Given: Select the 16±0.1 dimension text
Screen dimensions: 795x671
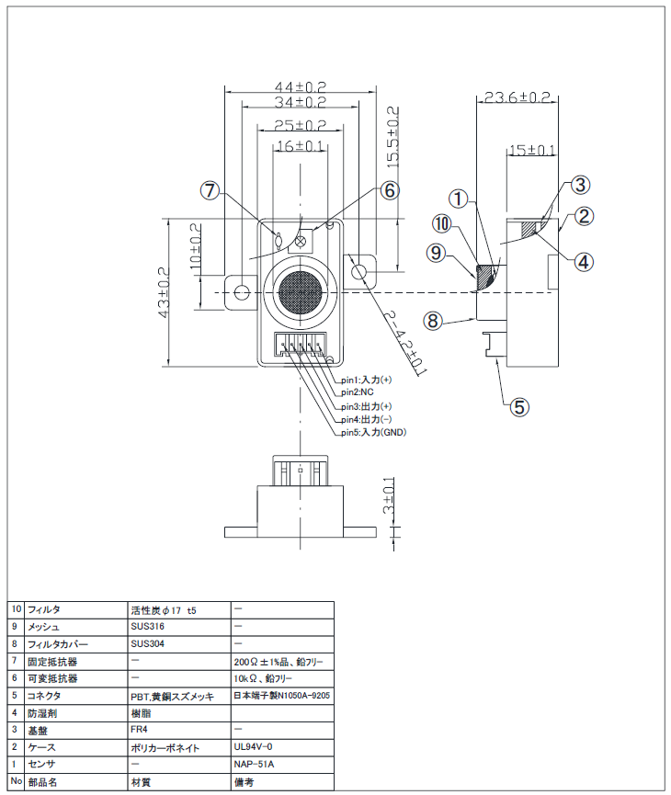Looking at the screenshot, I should pyautogui.click(x=300, y=146).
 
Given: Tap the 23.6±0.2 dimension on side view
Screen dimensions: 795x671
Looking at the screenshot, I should pyautogui.click(x=517, y=97).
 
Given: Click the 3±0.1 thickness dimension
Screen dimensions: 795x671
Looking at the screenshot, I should pyautogui.click(x=388, y=496).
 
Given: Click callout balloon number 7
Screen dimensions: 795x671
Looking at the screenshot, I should pyautogui.click(x=210, y=191).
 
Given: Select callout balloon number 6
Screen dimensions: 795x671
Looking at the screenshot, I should pyautogui.click(x=389, y=190).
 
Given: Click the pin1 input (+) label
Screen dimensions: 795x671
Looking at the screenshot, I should pyautogui.click(x=367, y=380).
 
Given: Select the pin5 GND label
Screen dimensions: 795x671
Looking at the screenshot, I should pyautogui.click(x=373, y=432).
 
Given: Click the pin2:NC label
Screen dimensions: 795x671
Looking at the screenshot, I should pyautogui.click(x=359, y=392).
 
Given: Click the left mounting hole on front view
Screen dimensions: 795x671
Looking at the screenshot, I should pyautogui.click(x=242, y=292).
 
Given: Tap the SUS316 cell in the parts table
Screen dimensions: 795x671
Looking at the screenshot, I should pyautogui.click(x=148, y=626).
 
